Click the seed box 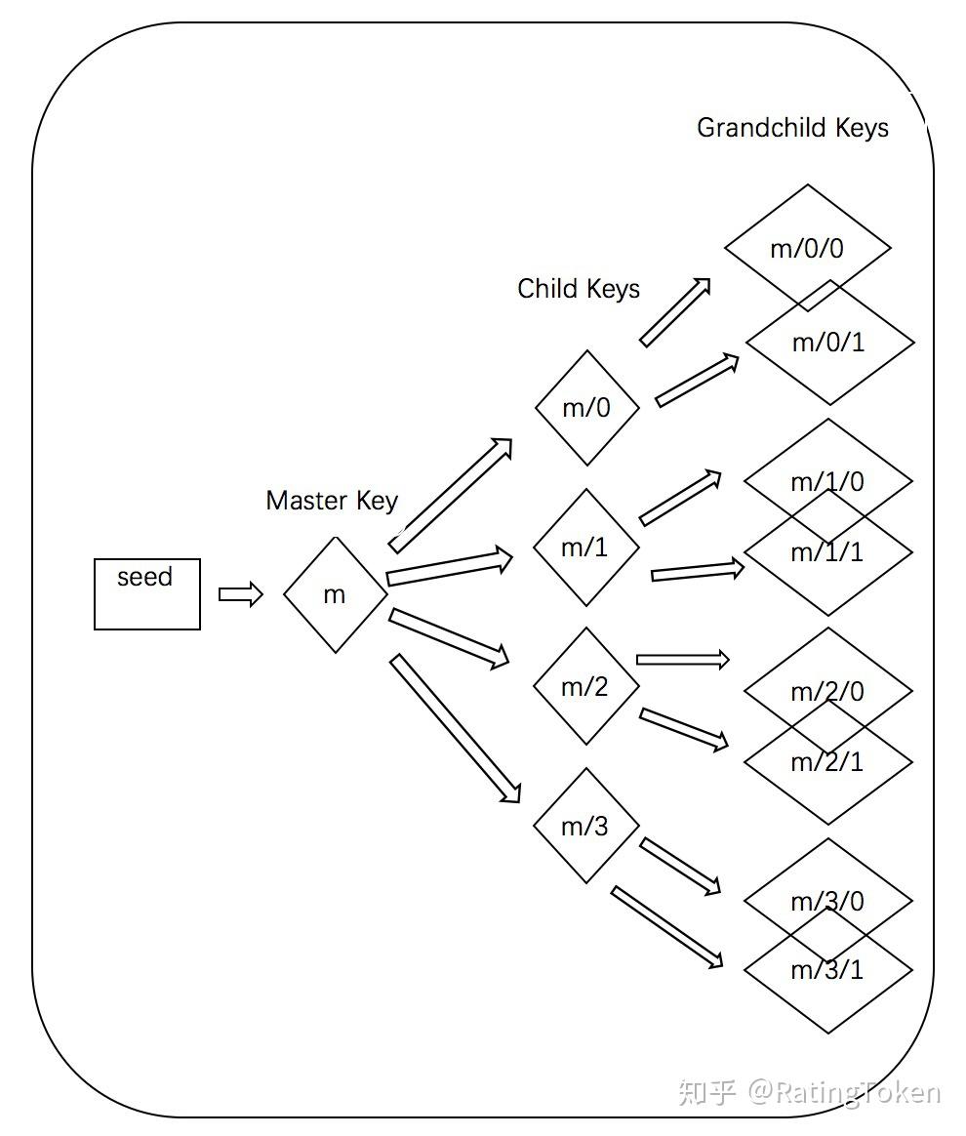click(147, 593)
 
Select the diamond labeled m click(336, 594)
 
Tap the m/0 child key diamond click(587, 408)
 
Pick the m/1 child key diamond click(585, 548)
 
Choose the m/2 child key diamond click(585, 687)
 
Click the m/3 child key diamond click(585, 826)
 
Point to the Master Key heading click(332, 501)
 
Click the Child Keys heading click(579, 289)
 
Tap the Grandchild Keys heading click(792, 128)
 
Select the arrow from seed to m click(241, 594)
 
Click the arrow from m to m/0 click(451, 495)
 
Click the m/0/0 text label click(807, 248)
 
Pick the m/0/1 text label click(828, 343)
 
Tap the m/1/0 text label click(827, 481)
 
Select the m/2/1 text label click(827, 761)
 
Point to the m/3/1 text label click(827, 970)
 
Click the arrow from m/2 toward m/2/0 click(682, 660)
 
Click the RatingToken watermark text click(843, 1091)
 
